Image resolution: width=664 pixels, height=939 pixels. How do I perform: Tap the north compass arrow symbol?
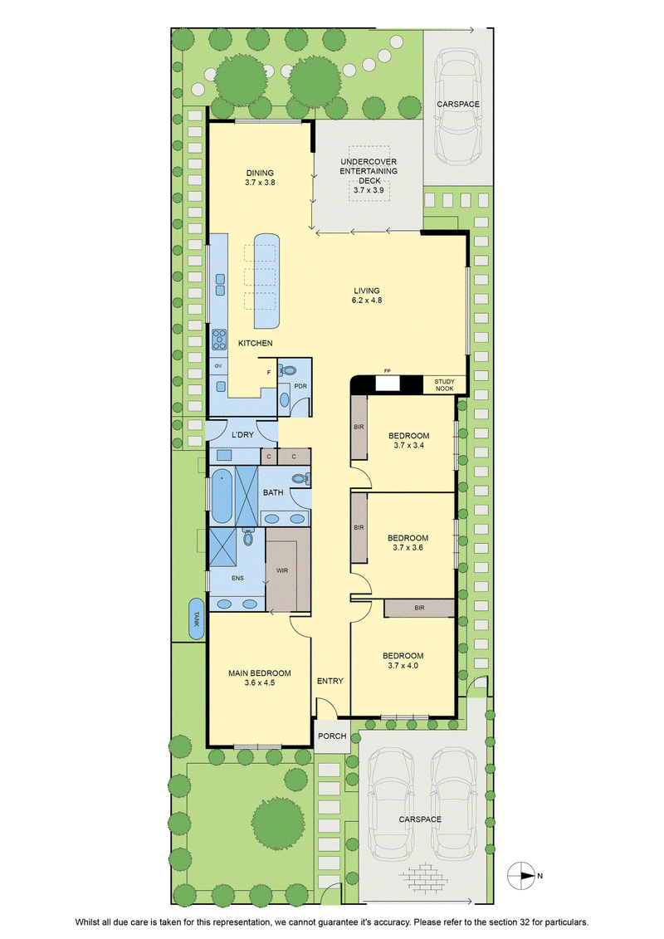(x=521, y=876)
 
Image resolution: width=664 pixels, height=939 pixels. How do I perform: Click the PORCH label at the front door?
(x=332, y=736)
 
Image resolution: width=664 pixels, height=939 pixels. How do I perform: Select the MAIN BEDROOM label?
(x=260, y=673)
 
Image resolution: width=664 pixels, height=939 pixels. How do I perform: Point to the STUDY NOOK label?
(x=444, y=385)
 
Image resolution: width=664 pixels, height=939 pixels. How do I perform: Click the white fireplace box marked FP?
(x=387, y=384)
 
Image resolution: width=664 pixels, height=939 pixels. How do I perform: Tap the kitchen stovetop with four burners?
(x=219, y=340)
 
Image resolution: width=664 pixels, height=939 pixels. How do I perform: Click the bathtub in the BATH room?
(x=222, y=496)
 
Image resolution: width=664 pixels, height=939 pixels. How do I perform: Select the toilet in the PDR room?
(x=288, y=369)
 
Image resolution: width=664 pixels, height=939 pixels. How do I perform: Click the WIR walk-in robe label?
(x=282, y=570)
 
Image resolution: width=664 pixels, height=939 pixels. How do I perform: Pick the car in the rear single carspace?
(x=458, y=108)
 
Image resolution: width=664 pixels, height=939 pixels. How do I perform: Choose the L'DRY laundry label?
(x=242, y=434)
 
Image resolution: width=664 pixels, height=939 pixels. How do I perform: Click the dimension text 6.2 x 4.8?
(x=366, y=301)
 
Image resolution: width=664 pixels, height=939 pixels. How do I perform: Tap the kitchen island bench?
(x=267, y=281)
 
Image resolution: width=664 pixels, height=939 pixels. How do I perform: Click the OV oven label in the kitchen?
(x=218, y=366)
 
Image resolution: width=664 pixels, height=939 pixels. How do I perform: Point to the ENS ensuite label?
(x=237, y=578)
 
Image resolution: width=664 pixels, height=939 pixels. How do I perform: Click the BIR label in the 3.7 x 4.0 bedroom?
(x=419, y=608)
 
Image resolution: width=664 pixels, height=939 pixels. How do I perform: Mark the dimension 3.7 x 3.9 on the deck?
(x=369, y=190)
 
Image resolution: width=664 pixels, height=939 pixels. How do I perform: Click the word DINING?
(x=260, y=173)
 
